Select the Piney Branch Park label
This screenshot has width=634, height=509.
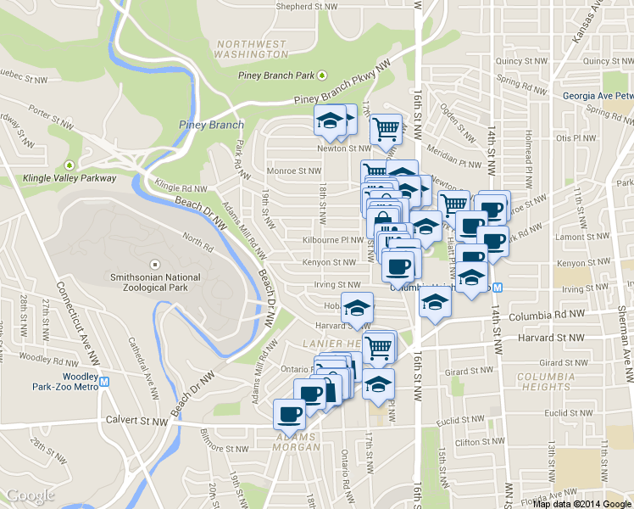(275, 76)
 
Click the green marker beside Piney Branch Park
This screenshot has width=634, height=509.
(322, 76)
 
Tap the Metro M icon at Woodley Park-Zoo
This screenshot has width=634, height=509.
(104, 382)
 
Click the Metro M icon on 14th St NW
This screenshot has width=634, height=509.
(498, 287)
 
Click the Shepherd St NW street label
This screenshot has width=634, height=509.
(310, 5)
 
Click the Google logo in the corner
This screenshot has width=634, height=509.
(30, 495)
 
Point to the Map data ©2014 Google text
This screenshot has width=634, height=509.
(582, 503)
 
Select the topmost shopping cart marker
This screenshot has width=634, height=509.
(386, 129)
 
